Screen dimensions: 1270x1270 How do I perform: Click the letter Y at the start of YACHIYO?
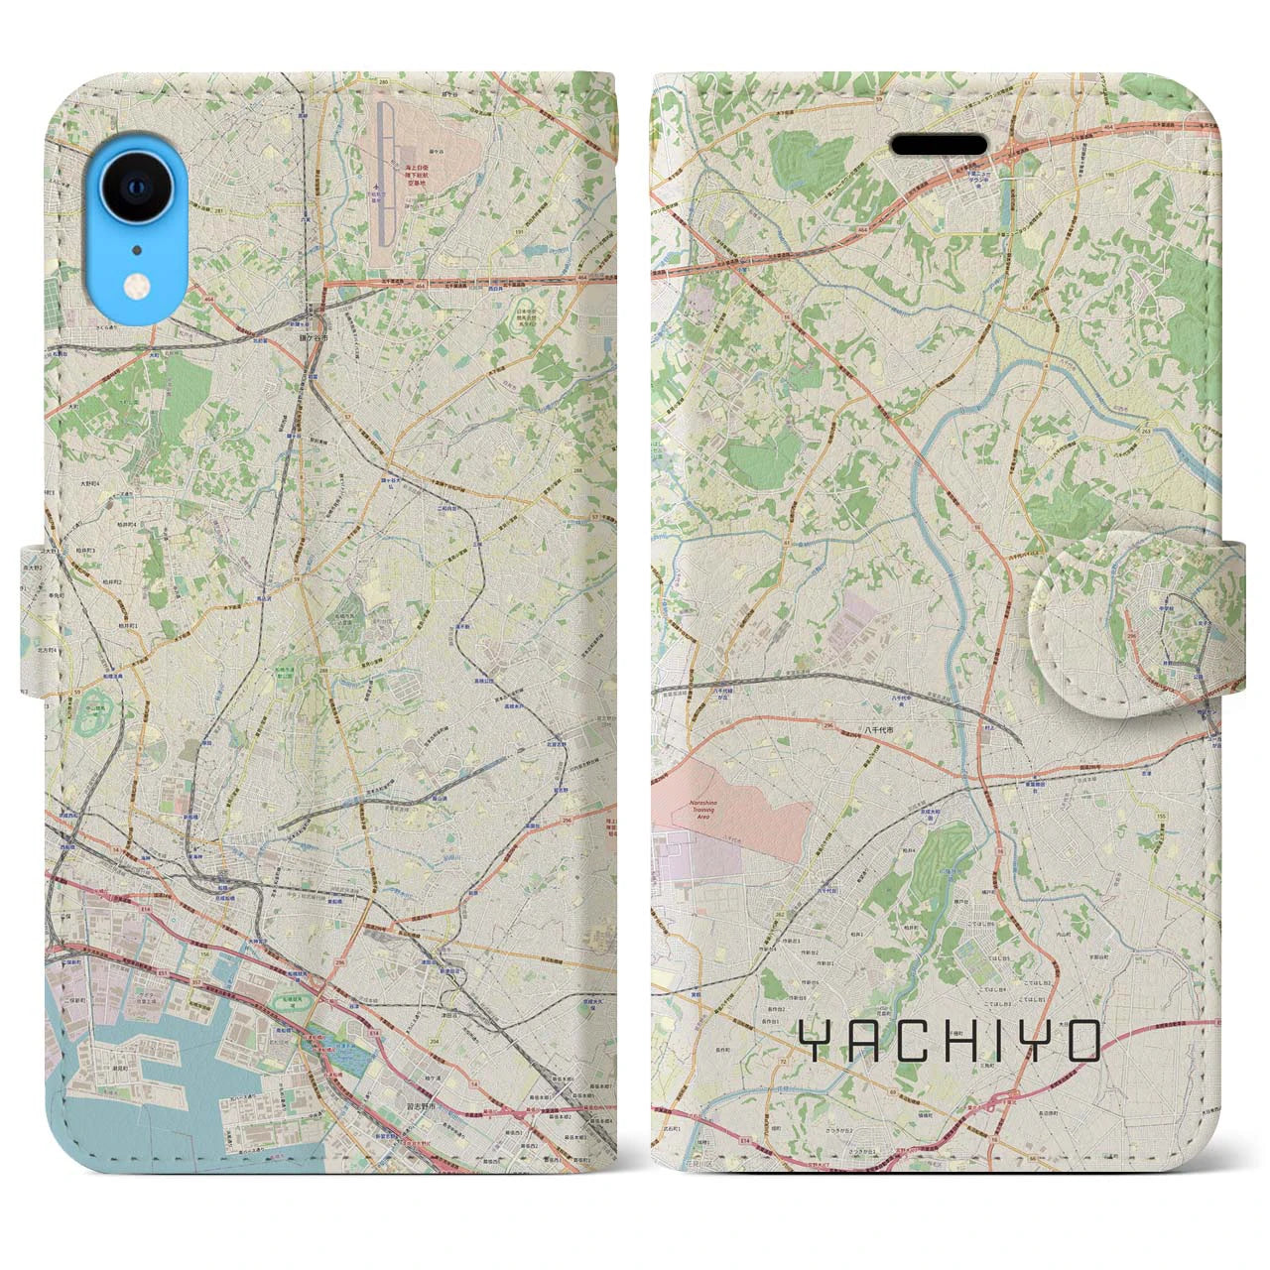click(816, 1041)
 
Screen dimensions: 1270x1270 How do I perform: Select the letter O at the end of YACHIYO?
click(1083, 1041)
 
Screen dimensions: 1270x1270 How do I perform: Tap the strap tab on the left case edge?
click(35, 617)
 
